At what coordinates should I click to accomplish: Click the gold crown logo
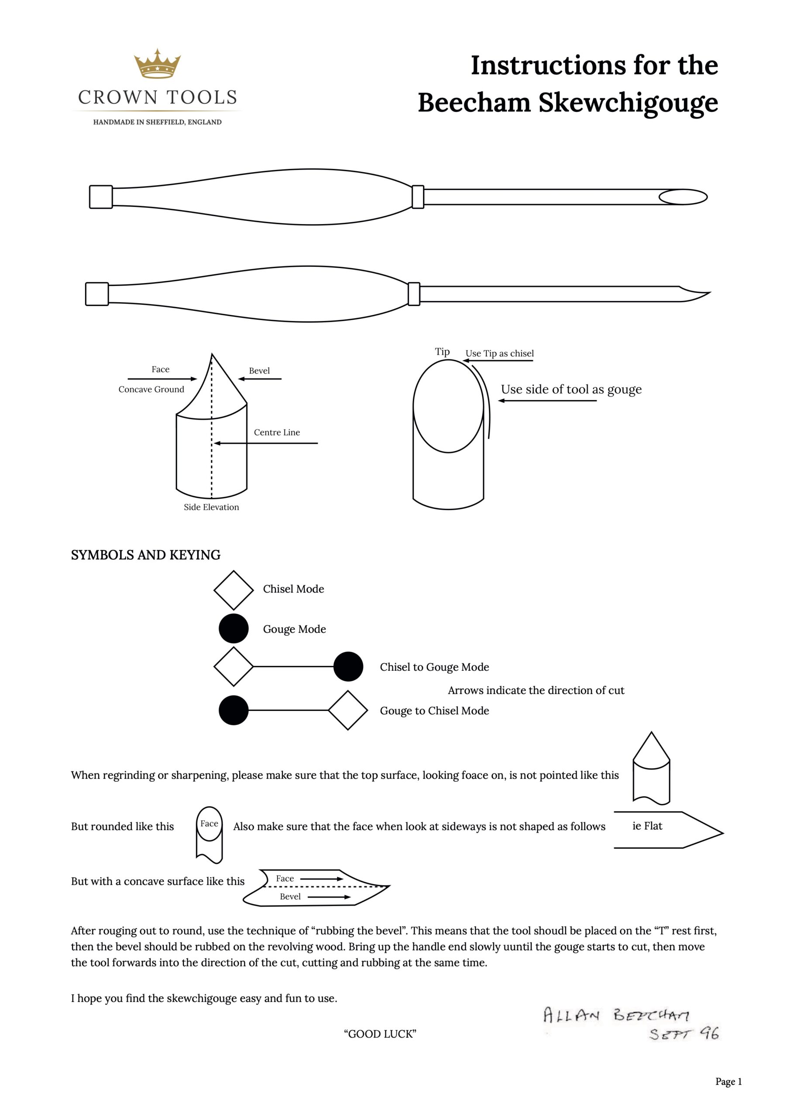[x=157, y=64]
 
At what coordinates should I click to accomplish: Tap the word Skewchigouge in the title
[x=628, y=103]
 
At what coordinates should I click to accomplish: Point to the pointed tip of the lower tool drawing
[x=701, y=294]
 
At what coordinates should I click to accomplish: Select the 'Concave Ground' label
[x=151, y=389]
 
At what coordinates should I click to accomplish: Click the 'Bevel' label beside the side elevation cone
[x=259, y=371]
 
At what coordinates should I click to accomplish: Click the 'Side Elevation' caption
[x=211, y=507]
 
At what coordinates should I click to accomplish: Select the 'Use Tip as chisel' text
[x=499, y=353]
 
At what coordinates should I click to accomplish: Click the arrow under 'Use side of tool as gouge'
[x=547, y=401]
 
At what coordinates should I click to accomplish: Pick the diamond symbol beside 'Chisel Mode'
[x=234, y=590]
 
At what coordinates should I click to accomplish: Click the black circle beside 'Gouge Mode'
[x=234, y=628]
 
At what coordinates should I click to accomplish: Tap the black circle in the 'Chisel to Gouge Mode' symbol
[x=348, y=666]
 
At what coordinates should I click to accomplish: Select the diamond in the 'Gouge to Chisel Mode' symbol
[x=347, y=711]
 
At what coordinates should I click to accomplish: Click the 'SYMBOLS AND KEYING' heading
[x=145, y=555]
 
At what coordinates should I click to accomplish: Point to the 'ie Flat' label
[x=647, y=826]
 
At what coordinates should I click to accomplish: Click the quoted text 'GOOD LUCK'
[x=380, y=1034]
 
